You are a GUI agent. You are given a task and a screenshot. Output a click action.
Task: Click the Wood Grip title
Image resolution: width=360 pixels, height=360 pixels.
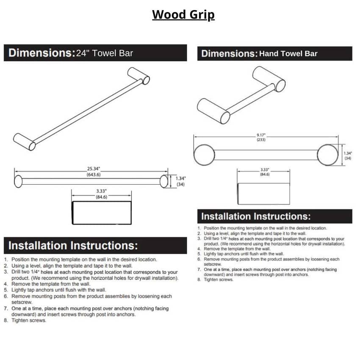(x=183, y=15)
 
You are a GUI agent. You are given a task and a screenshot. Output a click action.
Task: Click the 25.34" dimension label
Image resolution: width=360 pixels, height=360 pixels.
(x=94, y=169)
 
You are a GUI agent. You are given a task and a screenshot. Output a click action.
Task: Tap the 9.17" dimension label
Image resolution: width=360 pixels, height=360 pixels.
(x=261, y=135)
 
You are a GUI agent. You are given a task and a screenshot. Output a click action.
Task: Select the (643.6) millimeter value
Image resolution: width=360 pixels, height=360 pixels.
(x=94, y=175)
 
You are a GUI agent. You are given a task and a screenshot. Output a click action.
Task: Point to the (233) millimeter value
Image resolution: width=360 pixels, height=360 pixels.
(x=261, y=140)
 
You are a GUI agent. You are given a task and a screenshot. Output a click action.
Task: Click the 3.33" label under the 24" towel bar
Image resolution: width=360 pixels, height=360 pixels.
(x=101, y=191)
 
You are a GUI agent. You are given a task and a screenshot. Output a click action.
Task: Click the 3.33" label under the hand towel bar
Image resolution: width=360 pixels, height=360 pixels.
(x=264, y=170)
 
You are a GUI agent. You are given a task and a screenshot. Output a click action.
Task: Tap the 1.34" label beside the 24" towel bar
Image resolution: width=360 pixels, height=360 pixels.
(x=181, y=178)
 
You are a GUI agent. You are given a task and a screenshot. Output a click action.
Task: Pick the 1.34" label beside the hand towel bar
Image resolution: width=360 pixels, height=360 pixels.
(x=348, y=153)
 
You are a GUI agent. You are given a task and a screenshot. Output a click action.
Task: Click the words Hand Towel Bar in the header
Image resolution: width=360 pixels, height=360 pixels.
(x=288, y=54)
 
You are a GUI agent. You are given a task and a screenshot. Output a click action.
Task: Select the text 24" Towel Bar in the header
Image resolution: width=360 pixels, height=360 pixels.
(x=105, y=53)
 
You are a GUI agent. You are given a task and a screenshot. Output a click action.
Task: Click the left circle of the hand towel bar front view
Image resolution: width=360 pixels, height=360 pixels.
(x=204, y=155)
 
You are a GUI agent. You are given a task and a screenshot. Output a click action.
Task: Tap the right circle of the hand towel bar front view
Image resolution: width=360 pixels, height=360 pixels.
(x=328, y=155)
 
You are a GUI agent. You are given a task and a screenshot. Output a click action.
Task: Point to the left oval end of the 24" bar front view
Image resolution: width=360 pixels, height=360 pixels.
(x=18, y=181)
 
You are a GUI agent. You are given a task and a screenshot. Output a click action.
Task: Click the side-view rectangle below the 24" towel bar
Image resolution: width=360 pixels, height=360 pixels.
(x=102, y=213)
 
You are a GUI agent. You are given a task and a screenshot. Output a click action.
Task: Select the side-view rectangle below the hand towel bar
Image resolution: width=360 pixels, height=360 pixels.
(x=263, y=194)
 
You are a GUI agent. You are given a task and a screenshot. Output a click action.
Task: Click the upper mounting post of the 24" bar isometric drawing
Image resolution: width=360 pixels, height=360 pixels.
(x=138, y=75)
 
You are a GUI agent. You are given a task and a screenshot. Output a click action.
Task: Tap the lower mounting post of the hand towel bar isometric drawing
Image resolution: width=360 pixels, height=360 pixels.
(x=213, y=111)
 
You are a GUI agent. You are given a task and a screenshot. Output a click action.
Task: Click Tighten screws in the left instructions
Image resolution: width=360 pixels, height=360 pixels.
(x=29, y=321)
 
